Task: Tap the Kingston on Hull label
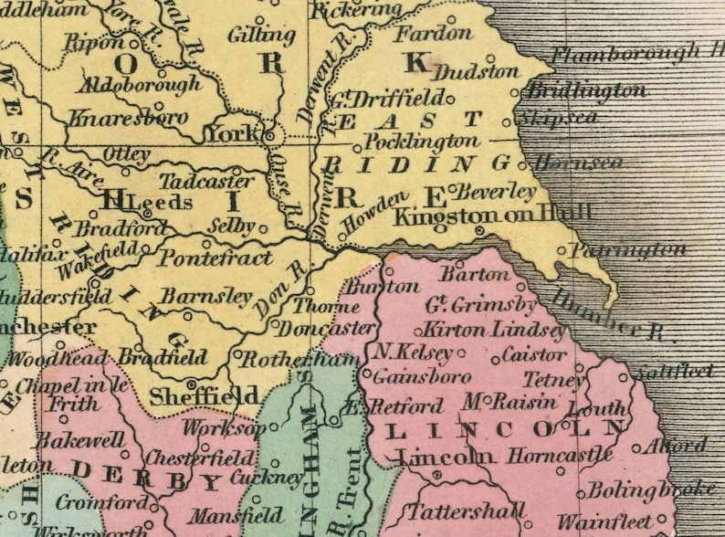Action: coord(491,215)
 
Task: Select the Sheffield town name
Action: coord(204,396)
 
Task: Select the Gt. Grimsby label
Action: coord(481,305)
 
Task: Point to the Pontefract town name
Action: coord(215,258)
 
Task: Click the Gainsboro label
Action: coord(409,376)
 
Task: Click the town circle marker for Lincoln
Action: coord(437,474)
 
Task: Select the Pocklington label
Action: coord(421,142)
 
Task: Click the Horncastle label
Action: coord(560,454)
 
